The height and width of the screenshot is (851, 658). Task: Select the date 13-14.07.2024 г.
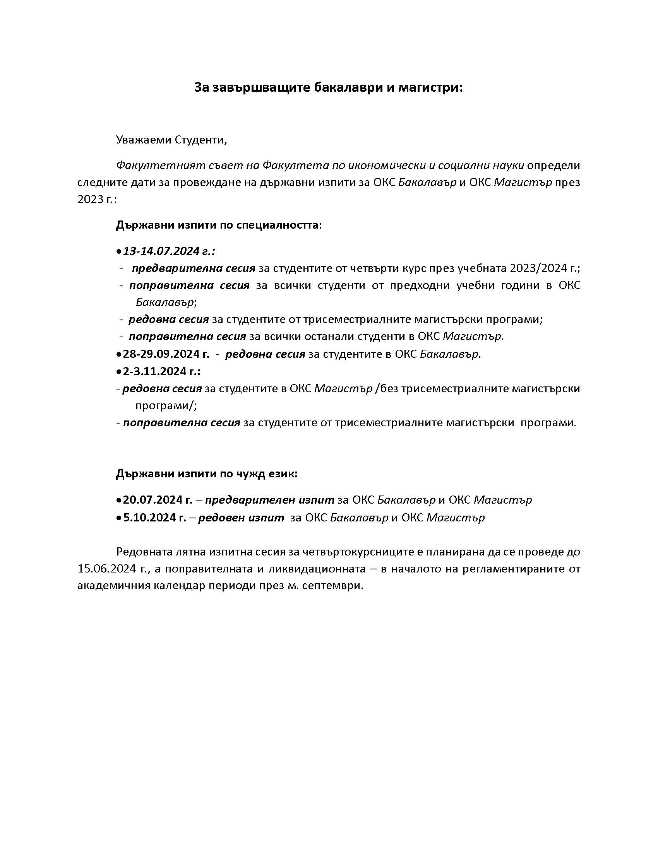coord(168,251)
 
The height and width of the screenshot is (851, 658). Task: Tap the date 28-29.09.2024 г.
coord(166,354)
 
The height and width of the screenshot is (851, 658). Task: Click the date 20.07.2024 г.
coord(158,499)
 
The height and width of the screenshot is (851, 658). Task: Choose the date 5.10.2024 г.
coord(154,518)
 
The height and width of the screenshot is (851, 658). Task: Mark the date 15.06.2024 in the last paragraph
coord(108,569)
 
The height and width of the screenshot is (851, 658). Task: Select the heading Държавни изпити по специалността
coord(219,225)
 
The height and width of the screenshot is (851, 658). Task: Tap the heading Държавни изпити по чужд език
coord(207,474)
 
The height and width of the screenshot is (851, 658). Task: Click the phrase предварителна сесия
coord(194,268)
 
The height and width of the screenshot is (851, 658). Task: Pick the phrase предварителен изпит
coord(270,499)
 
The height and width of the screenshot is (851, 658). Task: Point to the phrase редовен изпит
coord(241,518)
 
